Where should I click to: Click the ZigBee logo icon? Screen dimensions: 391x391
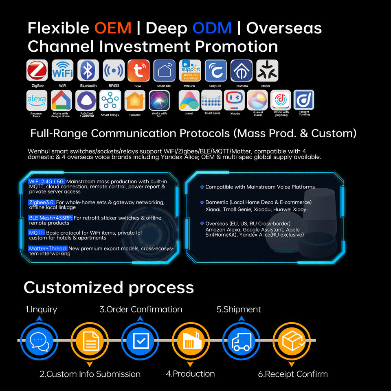click(x=37, y=70)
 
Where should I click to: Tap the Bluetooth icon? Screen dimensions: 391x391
click(x=88, y=70)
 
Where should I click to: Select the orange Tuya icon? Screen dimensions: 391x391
click(x=138, y=70)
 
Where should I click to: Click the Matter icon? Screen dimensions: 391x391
click(x=267, y=70)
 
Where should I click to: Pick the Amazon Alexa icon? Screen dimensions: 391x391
click(x=37, y=100)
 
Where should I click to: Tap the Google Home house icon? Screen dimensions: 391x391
click(x=61, y=100)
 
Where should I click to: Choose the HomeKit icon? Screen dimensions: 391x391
click(x=135, y=100)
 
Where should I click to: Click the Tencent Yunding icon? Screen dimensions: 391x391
click(x=304, y=100)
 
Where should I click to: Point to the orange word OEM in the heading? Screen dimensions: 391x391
click(x=113, y=28)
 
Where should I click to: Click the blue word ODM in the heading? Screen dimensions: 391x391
click(x=212, y=28)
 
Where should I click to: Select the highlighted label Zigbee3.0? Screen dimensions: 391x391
click(x=42, y=202)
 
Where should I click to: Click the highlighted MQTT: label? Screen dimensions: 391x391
click(x=37, y=233)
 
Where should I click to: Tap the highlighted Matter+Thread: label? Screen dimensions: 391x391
click(x=48, y=248)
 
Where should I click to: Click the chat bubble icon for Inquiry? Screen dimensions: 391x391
click(x=39, y=340)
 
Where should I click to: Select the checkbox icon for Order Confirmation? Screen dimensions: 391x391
click(x=141, y=340)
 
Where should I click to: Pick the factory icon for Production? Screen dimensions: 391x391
click(x=191, y=340)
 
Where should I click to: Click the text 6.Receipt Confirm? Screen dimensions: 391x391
click(x=293, y=374)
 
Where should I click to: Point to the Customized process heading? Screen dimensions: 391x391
click(x=109, y=288)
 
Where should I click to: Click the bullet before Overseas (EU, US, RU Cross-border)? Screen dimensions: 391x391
click(x=202, y=223)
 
